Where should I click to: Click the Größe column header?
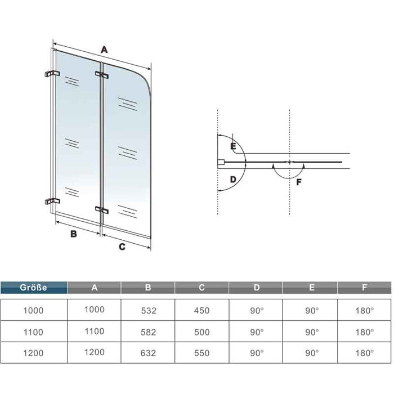[x=33, y=288]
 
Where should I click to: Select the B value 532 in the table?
[x=149, y=311]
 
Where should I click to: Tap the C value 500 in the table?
[x=202, y=332]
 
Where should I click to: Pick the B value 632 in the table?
[x=148, y=353]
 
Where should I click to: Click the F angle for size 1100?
[x=364, y=332]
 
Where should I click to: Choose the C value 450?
[x=202, y=311]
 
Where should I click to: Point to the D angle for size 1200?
[x=257, y=353]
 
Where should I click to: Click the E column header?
[x=312, y=288]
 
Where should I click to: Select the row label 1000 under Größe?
[x=33, y=311]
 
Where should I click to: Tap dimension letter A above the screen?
[x=104, y=50]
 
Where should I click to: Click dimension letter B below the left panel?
[x=74, y=234]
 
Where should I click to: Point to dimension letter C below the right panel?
[x=122, y=247]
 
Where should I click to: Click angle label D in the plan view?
[x=233, y=180]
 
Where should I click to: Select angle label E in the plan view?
[x=233, y=146]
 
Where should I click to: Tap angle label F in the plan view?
[x=299, y=182]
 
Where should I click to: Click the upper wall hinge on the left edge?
[x=52, y=74]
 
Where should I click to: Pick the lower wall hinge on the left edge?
[x=52, y=201]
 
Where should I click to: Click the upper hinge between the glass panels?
[x=101, y=75]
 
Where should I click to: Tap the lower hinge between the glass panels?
[x=101, y=209]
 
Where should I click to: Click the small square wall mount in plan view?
[x=221, y=162]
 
